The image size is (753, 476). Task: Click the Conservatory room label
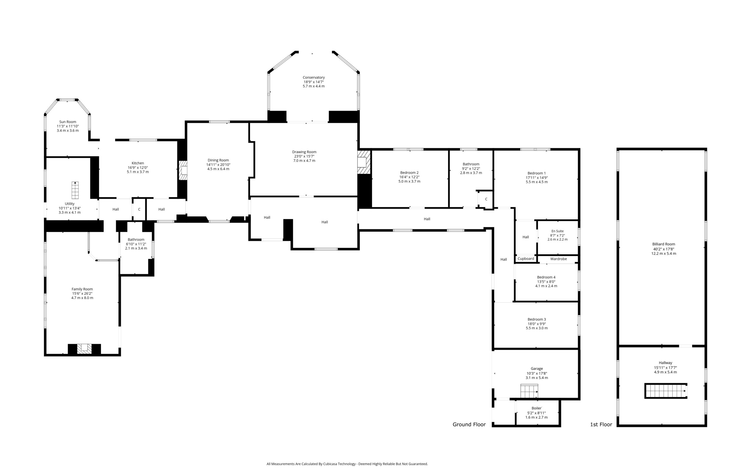tap(314, 77)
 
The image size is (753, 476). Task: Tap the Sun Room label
tap(68, 122)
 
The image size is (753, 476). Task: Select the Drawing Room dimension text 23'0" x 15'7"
tap(304, 156)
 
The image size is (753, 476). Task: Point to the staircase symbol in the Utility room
tap(75, 190)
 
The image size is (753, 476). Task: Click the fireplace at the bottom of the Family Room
tap(84, 349)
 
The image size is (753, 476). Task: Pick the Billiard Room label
tap(664, 244)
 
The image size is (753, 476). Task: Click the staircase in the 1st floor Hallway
tap(666, 391)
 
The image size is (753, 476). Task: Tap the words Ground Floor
tap(469, 424)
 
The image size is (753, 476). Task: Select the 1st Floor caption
tap(601, 424)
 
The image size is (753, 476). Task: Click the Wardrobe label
tap(559, 259)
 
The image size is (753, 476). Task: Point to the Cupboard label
tap(526, 258)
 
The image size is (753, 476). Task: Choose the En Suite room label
tap(558, 231)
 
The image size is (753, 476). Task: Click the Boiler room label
tap(536, 408)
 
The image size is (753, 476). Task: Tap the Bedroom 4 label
tap(546, 277)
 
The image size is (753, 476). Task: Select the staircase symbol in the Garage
tap(529, 391)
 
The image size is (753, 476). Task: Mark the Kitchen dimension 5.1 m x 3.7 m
tap(138, 172)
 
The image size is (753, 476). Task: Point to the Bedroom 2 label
tap(409, 173)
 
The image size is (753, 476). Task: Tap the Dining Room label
tap(218, 160)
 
